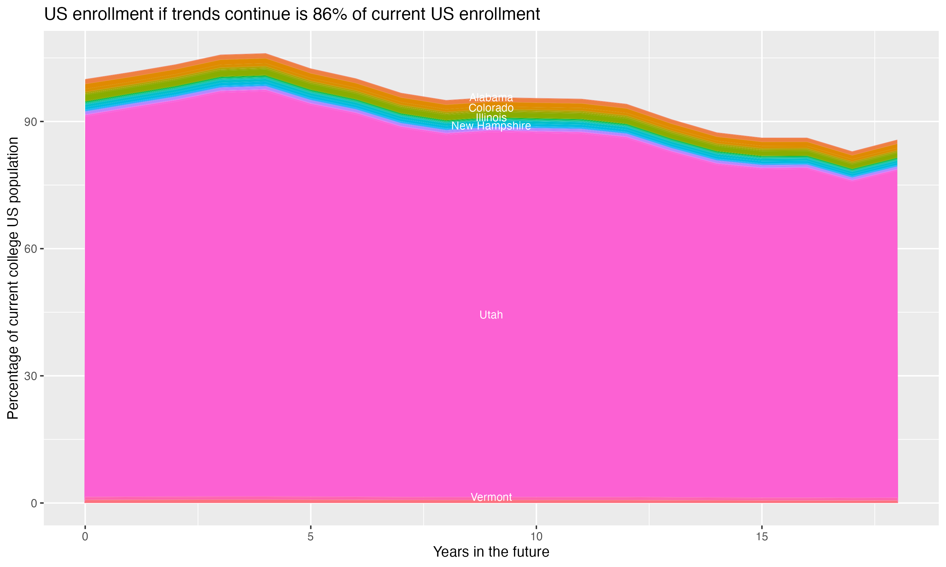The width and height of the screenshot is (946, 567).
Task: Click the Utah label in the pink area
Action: click(x=491, y=315)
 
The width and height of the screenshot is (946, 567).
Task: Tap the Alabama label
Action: click(x=491, y=98)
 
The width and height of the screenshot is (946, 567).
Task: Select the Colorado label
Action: click(x=491, y=108)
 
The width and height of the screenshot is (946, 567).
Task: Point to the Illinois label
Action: click(x=491, y=117)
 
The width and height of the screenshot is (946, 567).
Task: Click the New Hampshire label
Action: click(x=491, y=126)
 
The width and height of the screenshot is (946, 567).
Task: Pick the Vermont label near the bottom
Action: click(x=491, y=497)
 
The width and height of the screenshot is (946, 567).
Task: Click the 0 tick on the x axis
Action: click(x=85, y=537)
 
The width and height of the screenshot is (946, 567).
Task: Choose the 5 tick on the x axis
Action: click(x=311, y=537)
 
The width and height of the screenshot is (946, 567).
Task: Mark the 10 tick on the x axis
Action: click(x=536, y=537)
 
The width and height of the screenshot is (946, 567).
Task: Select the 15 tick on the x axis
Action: click(x=762, y=537)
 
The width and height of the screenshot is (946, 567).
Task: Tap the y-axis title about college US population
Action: click(x=13, y=278)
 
